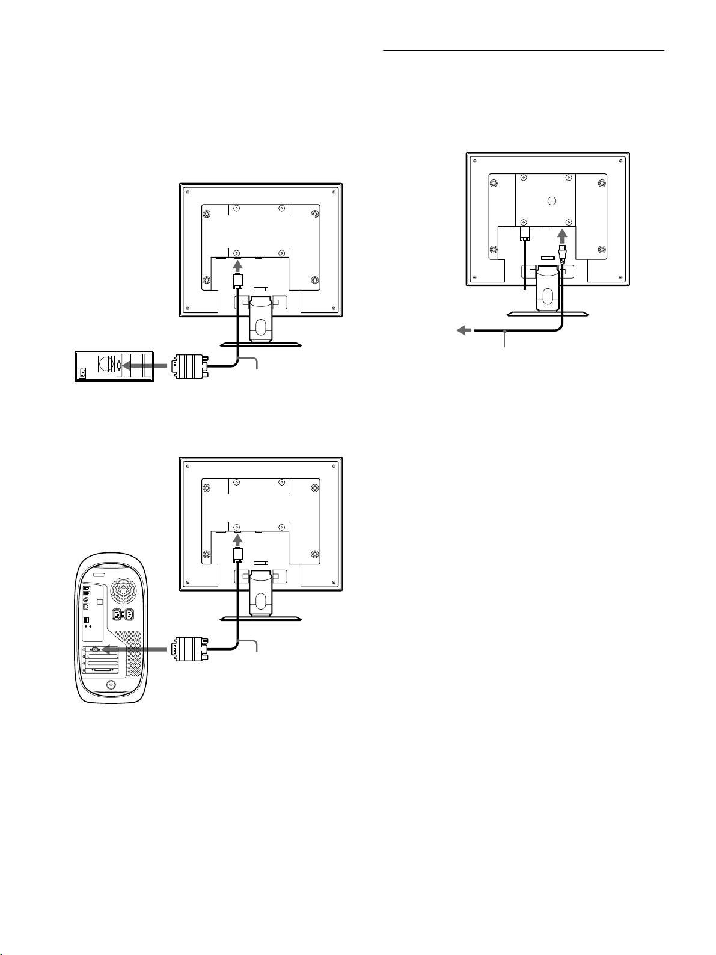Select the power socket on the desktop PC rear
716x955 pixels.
click(x=82, y=372)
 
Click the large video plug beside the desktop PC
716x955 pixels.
click(x=189, y=366)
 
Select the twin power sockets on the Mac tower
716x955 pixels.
click(x=121, y=616)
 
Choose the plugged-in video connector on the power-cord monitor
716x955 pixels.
click(x=524, y=233)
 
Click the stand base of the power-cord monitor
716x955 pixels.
click(x=548, y=314)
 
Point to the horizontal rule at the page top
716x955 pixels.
click(x=524, y=51)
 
